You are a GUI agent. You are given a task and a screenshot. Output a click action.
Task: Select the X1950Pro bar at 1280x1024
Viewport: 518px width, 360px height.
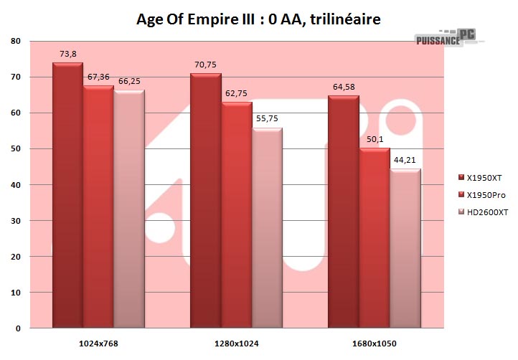coord(236,215)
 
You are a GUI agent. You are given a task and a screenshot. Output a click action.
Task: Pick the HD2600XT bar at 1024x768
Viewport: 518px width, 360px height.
coord(129,209)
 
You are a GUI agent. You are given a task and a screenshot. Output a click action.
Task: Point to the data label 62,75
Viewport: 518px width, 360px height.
coord(237,93)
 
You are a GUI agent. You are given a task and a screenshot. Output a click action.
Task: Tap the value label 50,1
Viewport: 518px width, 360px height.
coord(375,138)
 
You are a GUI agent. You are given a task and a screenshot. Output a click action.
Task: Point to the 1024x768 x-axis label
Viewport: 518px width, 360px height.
coord(98,344)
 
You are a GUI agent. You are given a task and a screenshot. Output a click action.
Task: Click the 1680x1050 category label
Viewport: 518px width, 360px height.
coord(374,344)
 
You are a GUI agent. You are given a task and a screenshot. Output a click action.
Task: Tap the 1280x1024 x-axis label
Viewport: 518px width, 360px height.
coord(236,344)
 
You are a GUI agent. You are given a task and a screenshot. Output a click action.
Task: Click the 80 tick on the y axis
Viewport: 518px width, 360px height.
coord(16,41)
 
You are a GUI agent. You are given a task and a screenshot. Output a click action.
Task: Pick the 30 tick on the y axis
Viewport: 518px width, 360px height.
coord(16,221)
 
